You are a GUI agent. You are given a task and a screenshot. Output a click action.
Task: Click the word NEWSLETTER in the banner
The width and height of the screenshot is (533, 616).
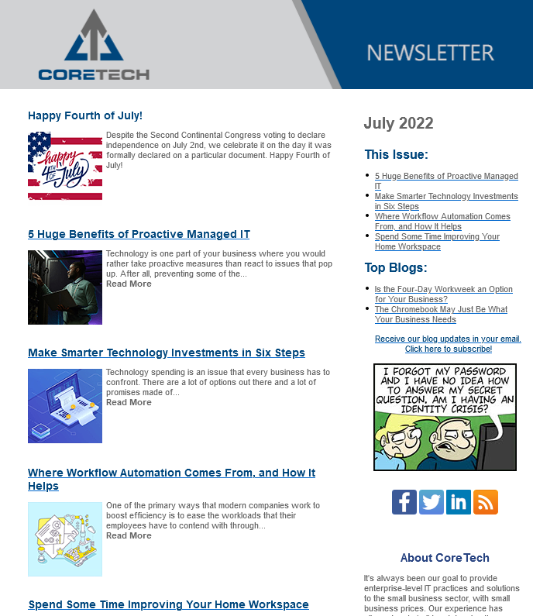click(430, 53)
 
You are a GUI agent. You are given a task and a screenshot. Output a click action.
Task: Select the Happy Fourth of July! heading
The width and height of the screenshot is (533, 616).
click(85, 115)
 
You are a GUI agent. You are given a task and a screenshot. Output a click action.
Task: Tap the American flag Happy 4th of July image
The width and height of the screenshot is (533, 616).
click(65, 165)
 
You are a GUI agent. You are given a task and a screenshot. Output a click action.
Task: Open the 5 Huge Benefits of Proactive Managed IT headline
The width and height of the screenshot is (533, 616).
click(139, 234)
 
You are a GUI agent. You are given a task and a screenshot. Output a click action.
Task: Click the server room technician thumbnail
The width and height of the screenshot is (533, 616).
click(65, 287)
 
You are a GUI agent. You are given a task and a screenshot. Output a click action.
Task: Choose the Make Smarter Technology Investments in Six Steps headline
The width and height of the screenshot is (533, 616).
click(167, 353)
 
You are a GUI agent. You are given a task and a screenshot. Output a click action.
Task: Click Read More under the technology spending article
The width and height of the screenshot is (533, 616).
click(129, 402)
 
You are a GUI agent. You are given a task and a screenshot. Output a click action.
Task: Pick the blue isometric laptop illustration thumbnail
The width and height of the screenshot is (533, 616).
click(65, 405)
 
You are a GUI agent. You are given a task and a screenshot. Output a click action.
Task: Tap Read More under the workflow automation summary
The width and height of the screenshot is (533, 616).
click(129, 535)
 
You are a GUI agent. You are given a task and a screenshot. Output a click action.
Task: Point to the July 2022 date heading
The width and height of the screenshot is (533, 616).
click(398, 123)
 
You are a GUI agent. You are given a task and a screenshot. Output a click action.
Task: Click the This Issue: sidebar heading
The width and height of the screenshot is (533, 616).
click(396, 154)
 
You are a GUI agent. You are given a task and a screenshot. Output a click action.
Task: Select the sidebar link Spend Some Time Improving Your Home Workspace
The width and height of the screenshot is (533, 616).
click(437, 242)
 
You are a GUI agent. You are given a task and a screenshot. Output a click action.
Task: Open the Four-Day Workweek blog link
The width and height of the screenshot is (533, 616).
click(443, 294)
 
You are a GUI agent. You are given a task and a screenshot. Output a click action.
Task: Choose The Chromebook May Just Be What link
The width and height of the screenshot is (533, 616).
click(441, 314)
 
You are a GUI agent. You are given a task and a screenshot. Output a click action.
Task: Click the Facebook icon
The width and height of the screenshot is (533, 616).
click(404, 502)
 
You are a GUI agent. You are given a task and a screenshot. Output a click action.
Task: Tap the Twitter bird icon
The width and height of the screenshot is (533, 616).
click(432, 502)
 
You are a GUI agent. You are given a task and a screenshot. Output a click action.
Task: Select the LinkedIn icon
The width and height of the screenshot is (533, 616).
click(459, 502)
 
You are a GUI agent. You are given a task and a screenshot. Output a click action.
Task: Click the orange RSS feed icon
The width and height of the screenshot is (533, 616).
click(486, 502)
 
